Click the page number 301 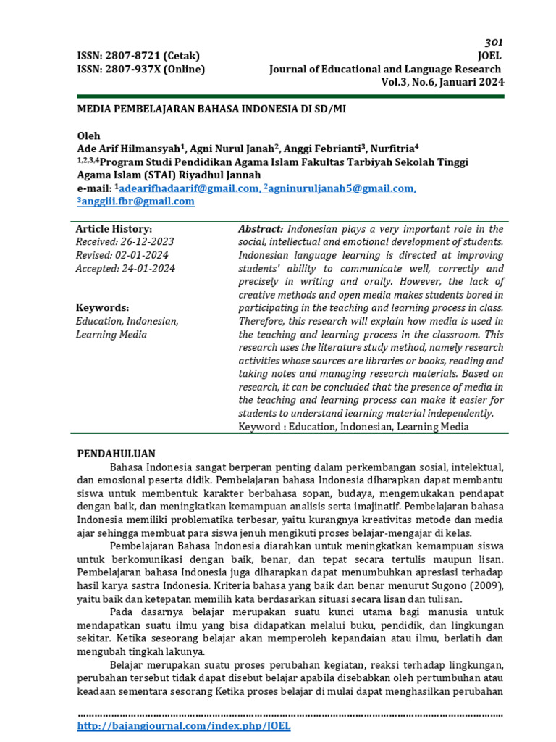click(494, 42)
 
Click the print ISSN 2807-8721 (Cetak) click(138, 56)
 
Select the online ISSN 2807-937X click(141, 69)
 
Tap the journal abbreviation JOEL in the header click(489, 56)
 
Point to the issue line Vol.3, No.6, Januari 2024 click(442, 82)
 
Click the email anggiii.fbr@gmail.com click(138, 201)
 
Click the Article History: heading click(114, 229)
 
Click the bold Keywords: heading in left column click(102, 307)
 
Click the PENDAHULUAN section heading click(116, 454)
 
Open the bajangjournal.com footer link click(183, 725)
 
